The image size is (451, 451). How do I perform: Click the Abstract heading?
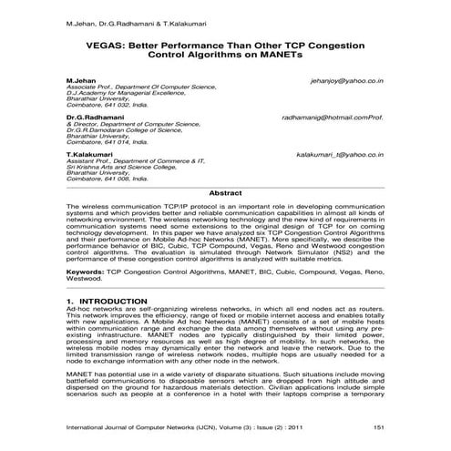(225, 193)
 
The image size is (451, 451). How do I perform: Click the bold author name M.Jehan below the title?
(81, 81)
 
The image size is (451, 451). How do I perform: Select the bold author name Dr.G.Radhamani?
(97, 118)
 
